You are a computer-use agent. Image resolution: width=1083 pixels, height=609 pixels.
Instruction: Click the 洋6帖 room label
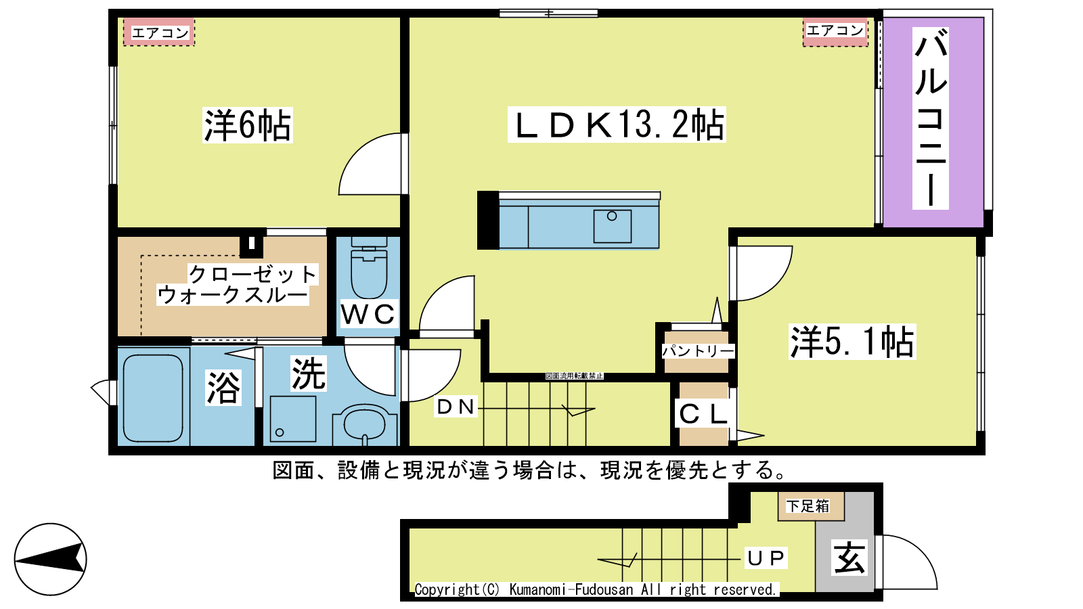pos(248,125)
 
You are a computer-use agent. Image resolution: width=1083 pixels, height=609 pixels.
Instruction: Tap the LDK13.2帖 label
pos(617,125)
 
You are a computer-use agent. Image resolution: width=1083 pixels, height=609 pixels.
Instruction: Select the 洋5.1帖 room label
pos(852,342)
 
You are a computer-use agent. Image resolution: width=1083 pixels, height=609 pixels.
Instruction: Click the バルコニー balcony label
pos(930,118)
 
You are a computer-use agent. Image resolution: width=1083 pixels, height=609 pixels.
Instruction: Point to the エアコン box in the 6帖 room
pos(159,32)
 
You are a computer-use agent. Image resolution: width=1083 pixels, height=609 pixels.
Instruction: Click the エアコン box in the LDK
pos(835,32)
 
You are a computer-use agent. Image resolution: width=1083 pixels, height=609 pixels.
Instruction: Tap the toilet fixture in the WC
pos(369,267)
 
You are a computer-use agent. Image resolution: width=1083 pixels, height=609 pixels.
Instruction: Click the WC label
pos(368,314)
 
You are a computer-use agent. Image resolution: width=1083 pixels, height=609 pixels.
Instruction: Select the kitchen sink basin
pos(612,226)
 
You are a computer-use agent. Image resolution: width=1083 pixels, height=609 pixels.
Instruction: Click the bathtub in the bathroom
pos(153,399)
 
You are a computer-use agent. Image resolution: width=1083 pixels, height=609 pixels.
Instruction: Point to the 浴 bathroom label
pos(223,388)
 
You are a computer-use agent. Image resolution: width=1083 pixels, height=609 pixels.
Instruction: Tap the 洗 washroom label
pos(309,374)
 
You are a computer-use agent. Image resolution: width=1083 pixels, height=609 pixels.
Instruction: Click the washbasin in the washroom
pos(365,426)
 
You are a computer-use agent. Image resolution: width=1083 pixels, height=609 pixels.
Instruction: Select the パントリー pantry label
pos(698,351)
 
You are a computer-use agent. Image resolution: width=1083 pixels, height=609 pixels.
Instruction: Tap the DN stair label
pos(456,407)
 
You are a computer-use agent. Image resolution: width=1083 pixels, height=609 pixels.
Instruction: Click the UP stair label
pos(766,558)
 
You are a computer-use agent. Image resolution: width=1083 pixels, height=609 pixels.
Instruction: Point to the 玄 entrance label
pos(849,558)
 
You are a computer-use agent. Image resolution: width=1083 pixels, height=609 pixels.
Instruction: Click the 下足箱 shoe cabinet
pos(812,507)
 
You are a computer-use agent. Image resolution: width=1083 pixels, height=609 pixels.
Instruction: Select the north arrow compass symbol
pos(50,559)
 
